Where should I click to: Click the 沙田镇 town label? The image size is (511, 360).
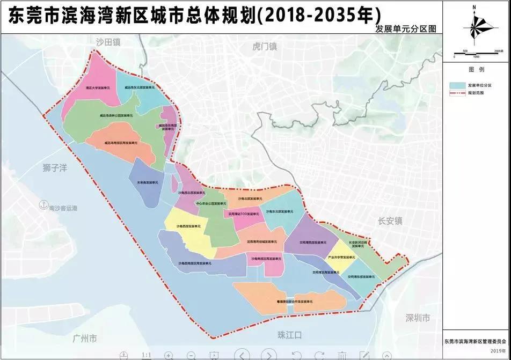pos(108,41)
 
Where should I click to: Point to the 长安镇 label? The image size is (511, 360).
pos(390,221)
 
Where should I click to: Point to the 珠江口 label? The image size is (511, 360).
pos(290,335)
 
